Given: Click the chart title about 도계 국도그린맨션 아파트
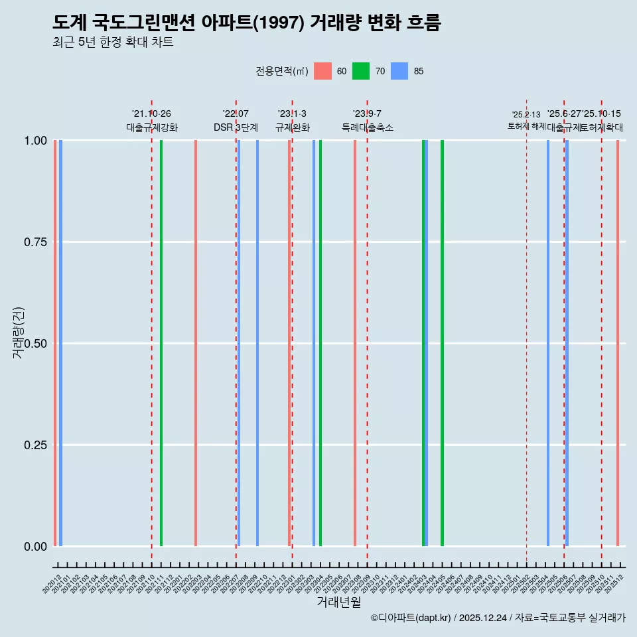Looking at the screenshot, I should tap(246, 23).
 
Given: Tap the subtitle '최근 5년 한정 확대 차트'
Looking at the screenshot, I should tap(113, 42).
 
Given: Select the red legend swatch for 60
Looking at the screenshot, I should tap(322, 71).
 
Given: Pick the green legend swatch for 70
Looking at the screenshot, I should tap(361, 71).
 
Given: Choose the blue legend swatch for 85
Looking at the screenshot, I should tap(399, 71).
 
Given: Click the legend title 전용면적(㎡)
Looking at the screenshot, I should tap(281, 71).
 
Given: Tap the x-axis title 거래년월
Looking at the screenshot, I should tap(338, 602).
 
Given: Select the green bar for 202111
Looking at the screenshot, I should tap(161, 343).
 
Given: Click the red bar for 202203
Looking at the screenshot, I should tap(196, 343).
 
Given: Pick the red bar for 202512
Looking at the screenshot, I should tap(618, 343).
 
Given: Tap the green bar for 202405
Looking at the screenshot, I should tap(442, 343).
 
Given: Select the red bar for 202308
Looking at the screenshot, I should tap(355, 343).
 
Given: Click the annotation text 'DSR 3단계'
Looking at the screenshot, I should tap(236, 127).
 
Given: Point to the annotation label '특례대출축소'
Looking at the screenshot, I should tap(368, 127).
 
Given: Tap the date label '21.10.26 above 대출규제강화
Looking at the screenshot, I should tap(151, 114).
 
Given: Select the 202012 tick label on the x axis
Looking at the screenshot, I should tap(52, 584).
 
